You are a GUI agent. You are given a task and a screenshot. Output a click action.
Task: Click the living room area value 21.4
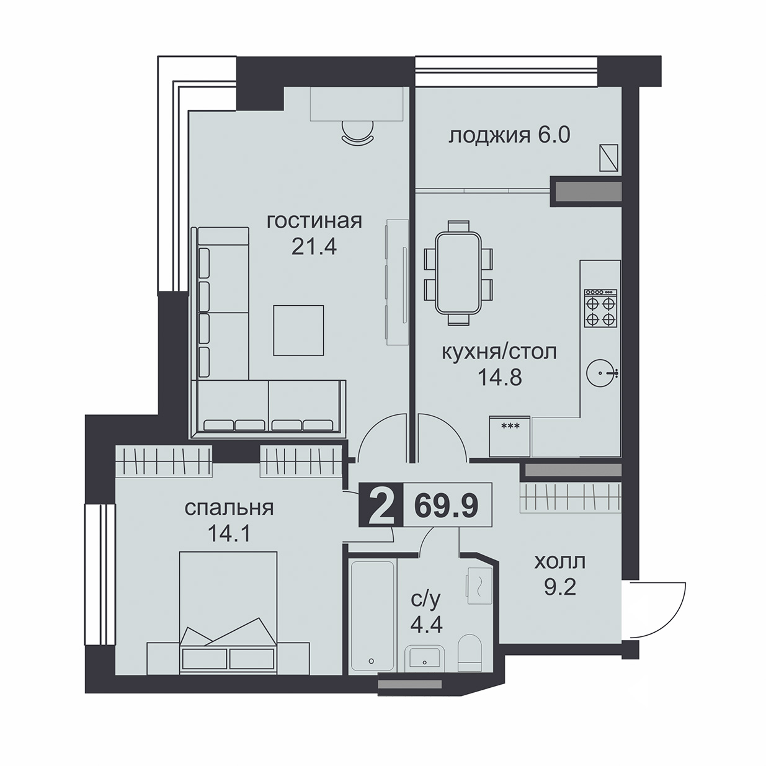pos(314,247)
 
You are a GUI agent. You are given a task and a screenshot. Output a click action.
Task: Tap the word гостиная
pos(314,221)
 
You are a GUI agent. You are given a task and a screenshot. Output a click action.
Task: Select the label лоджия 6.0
pos(509,136)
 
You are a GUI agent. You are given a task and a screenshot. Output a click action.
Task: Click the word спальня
pos(229,509)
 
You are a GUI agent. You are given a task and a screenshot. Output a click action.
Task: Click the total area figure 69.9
pos(446,506)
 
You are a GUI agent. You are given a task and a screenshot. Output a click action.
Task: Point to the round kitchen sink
pos(600,373)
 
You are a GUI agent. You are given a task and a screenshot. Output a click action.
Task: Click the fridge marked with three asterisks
pos(510,436)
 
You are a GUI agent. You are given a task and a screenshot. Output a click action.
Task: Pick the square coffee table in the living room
pos(298,330)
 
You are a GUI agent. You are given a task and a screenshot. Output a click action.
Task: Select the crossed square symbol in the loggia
pos(609,158)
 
